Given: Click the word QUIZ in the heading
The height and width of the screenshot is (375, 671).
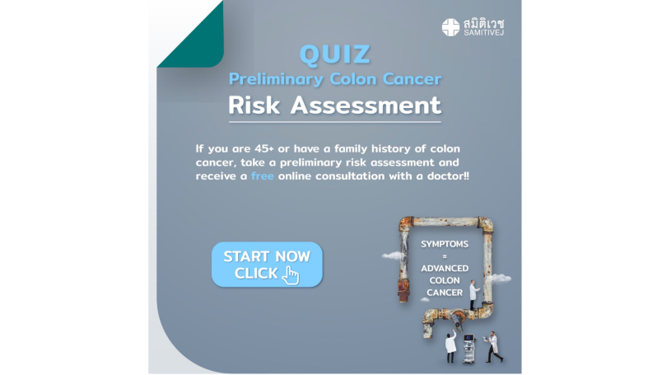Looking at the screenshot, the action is (334, 54).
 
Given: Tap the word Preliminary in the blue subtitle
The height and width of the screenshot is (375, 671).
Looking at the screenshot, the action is (276, 79).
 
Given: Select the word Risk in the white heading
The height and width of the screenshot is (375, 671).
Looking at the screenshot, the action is (254, 105).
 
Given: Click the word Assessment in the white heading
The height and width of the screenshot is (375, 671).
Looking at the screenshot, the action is (366, 105).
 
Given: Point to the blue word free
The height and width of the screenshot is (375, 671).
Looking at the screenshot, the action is (263, 176).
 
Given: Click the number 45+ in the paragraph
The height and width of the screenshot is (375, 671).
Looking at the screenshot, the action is (264, 148).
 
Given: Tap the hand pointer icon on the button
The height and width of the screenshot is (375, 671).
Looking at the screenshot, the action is (291, 274).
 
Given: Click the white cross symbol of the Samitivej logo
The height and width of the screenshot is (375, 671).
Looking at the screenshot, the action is (450, 27).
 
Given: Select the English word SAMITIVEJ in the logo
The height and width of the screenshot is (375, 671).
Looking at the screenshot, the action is (483, 33).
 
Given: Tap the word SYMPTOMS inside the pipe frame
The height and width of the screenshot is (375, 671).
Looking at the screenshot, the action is (445, 244).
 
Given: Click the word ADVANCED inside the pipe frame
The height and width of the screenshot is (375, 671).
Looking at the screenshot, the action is (445, 269).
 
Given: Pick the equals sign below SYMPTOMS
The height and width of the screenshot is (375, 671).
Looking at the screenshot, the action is (445, 256).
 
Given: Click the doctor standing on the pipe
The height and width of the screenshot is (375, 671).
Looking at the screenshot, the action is (473, 295).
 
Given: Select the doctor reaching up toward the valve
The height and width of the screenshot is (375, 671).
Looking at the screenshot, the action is (450, 346).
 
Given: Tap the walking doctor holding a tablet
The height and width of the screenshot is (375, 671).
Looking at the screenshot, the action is (493, 347).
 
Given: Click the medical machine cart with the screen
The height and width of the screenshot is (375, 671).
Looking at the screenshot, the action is (469, 349).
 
